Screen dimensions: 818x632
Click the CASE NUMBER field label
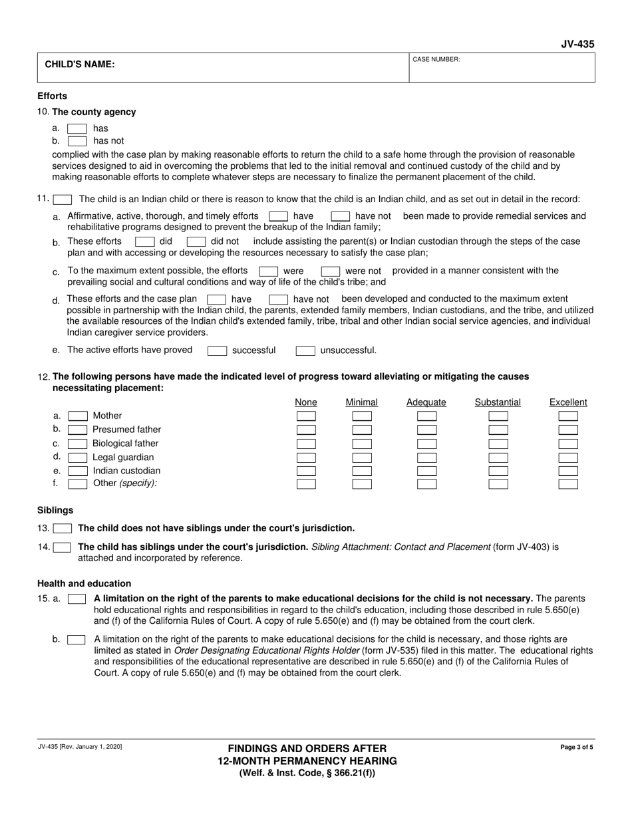[x=436, y=60]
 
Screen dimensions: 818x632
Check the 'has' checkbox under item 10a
[x=77, y=128]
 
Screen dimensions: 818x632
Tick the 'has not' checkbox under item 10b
[x=77, y=141]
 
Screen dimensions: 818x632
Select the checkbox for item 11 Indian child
[x=63, y=199]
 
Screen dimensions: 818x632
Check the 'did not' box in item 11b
[x=196, y=241]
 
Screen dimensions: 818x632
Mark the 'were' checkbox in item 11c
[x=268, y=271]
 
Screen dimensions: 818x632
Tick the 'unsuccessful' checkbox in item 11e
[x=305, y=350]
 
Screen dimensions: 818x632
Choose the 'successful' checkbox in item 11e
[x=217, y=350]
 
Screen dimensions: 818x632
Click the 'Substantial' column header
[x=498, y=402]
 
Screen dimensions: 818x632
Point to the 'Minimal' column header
[x=362, y=402]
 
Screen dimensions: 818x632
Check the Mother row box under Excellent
[x=568, y=416]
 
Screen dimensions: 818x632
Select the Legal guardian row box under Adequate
[x=426, y=458]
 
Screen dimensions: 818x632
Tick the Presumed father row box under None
[x=306, y=430]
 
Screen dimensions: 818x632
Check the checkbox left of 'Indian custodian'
[x=78, y=471]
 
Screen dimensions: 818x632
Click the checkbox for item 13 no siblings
[x=63, y=529]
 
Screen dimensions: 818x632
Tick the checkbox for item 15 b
[x=77, y=640]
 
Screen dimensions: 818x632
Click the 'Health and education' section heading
[x=84, y=583]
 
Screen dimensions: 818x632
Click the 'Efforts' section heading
[x=53, y=96]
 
